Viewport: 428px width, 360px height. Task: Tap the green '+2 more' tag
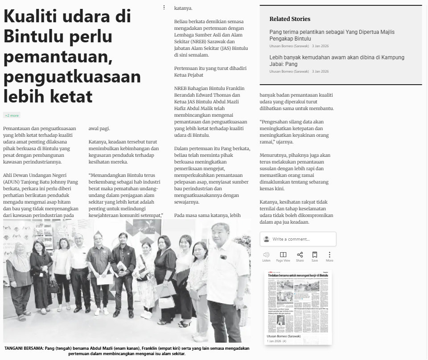coord(12,115)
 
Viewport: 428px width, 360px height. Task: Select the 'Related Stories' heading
coord(290,19)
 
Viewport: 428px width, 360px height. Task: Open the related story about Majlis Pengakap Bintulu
coord(332,35)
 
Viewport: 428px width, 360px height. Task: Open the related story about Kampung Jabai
coord(337,61)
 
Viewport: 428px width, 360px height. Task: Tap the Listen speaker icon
coord(267,255)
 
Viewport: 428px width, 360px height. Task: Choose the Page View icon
coord(283,255)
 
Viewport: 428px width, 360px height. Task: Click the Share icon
coord(300,255)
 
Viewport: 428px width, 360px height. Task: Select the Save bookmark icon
coord(315,255)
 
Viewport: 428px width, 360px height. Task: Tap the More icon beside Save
coord(329,255)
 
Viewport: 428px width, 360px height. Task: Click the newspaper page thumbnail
coord(298,301)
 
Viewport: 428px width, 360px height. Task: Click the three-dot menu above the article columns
coord(164,8)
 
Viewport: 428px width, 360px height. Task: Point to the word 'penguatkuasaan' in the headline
coord(72,77)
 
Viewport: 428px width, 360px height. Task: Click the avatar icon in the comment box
coord(267,239)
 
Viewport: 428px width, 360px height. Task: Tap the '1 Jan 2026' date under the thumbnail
coord(274,341)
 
